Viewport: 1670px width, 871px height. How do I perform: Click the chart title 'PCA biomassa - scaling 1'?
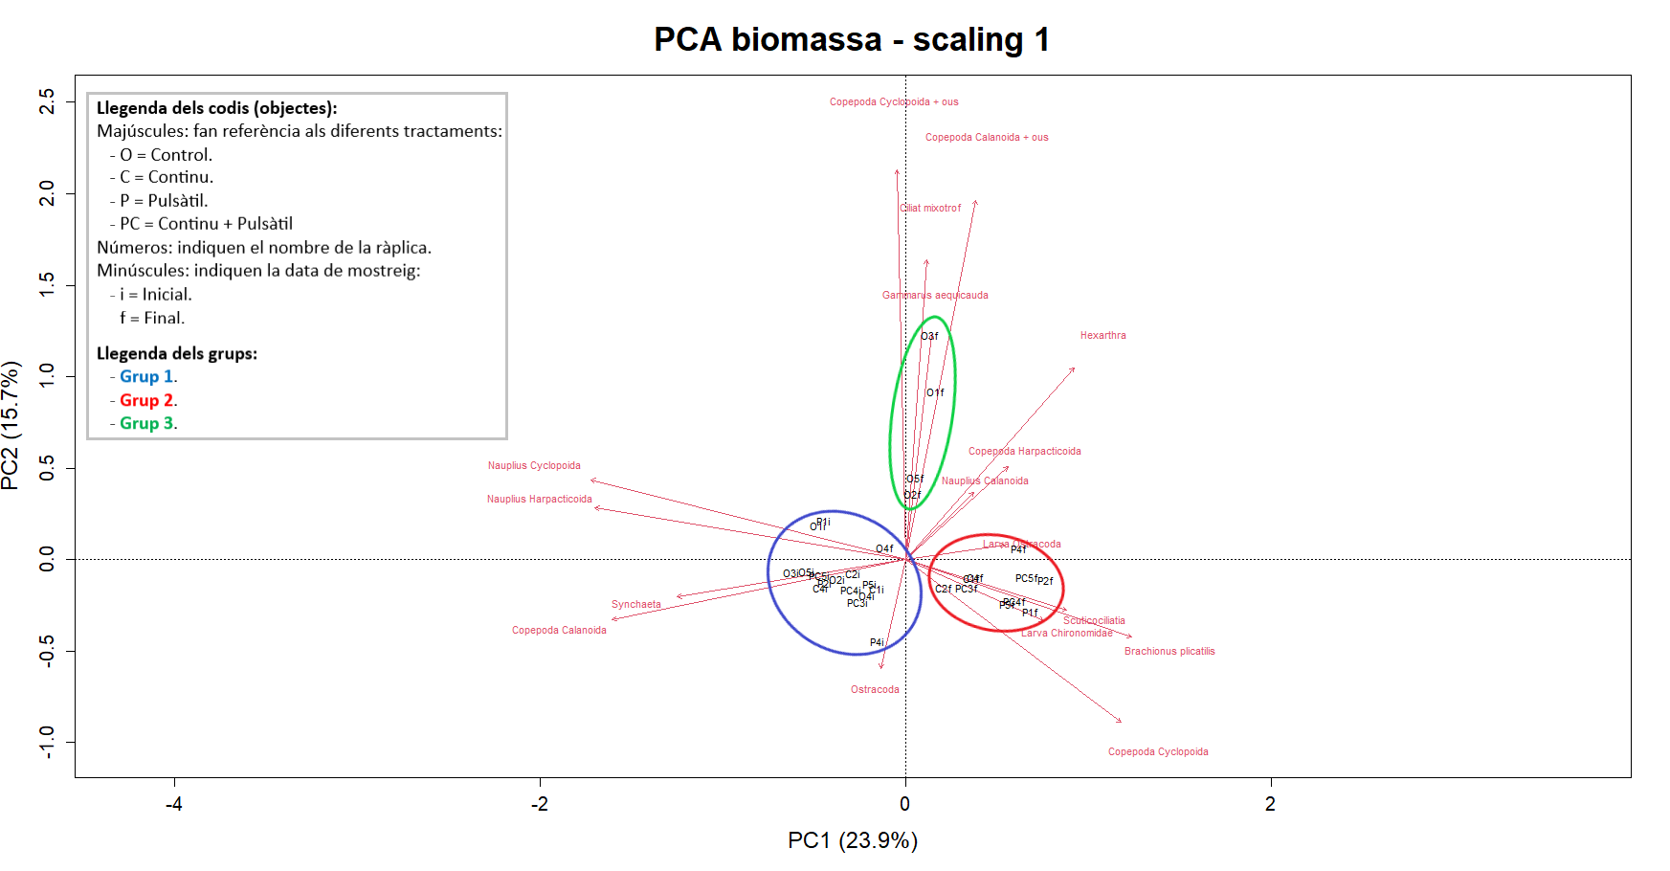pos(852,39)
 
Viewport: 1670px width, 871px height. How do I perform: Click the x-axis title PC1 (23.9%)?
pos(852,840)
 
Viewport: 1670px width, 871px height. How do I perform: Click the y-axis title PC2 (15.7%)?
pos(11,425)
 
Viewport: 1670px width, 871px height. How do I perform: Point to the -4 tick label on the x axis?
pos(174,804)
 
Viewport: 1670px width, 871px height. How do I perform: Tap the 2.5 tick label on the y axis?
pos(46,100)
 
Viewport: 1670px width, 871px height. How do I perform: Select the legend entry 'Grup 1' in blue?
pos(146,377)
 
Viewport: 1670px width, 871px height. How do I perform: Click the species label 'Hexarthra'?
pos(1102,336)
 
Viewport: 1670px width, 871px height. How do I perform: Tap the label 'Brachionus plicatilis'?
pos(1169,652)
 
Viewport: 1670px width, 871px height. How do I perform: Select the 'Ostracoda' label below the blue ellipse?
pos(875,690)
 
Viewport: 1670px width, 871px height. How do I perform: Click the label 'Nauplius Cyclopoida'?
pos(534,466)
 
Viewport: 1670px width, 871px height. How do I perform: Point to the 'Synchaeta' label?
pos(636,605)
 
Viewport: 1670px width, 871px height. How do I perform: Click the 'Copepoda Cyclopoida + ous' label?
pos(894,102)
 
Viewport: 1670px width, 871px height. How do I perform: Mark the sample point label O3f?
pos(929,337)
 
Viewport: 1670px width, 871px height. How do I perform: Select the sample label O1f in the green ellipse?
pos(935,393)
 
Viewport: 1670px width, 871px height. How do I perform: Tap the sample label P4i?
pos(877,643)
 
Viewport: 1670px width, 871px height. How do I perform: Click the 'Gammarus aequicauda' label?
pos(935,296)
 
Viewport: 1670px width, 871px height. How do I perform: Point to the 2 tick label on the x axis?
pos(1270,804)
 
